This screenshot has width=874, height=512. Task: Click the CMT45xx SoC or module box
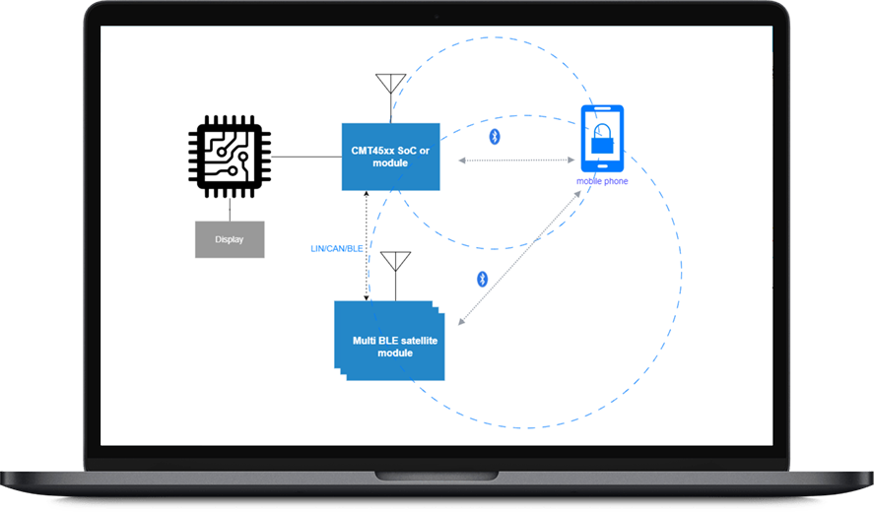(390, 157)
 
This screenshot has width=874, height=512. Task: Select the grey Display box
(230, 239)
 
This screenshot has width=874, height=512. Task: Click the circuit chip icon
(230, 155)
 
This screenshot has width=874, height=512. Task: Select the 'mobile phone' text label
(602, 181)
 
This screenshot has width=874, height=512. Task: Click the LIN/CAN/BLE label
(337, 248)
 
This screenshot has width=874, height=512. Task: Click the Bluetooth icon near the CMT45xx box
(495, 137)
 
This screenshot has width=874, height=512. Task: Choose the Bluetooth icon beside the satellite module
(482, 279)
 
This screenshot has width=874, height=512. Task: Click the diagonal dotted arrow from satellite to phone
(520, 256)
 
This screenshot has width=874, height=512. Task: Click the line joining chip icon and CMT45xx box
(305, 156)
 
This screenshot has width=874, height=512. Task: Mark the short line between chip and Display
(230, 208)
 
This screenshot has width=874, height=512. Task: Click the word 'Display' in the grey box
(230, 239)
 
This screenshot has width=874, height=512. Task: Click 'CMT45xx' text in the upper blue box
(372, 151)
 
